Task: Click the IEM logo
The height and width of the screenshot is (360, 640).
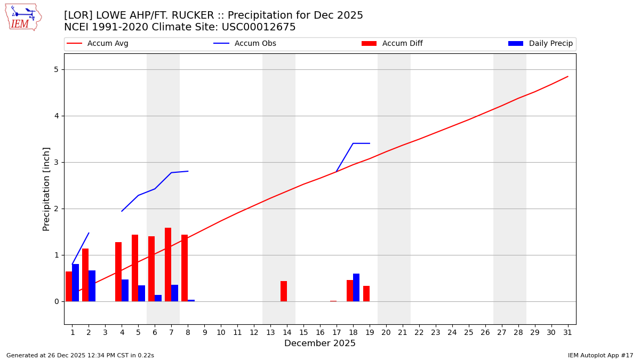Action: click(23, 17)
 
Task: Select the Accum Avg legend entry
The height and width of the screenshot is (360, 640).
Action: click(107, 44)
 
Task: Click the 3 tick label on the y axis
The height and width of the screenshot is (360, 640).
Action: click(56, 162)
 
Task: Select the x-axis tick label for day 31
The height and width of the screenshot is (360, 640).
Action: click(567, 332)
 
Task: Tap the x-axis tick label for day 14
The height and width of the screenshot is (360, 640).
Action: click(287, 332)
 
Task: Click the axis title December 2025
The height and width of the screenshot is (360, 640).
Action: click(319, 343)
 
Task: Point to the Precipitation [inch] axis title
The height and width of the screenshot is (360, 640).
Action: click(46, 189)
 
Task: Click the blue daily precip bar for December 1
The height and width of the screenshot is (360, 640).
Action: click(76, 283)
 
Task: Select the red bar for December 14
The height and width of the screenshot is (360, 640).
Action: click(284, 291)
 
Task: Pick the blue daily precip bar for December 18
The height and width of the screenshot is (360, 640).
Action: click(356, 287)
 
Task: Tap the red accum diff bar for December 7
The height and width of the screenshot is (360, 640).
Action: click(168, 265)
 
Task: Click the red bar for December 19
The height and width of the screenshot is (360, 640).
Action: click(366, 294)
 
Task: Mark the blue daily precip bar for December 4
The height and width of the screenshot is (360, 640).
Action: click(125, 291)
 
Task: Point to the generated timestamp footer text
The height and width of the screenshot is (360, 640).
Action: click(80, 355)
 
